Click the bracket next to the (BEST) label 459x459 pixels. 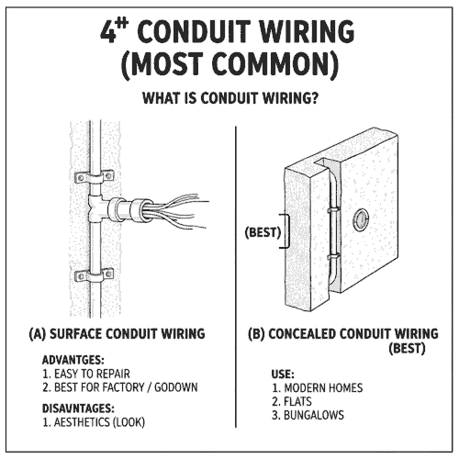coord(288,231)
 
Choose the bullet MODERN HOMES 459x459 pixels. coord(318,387)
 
